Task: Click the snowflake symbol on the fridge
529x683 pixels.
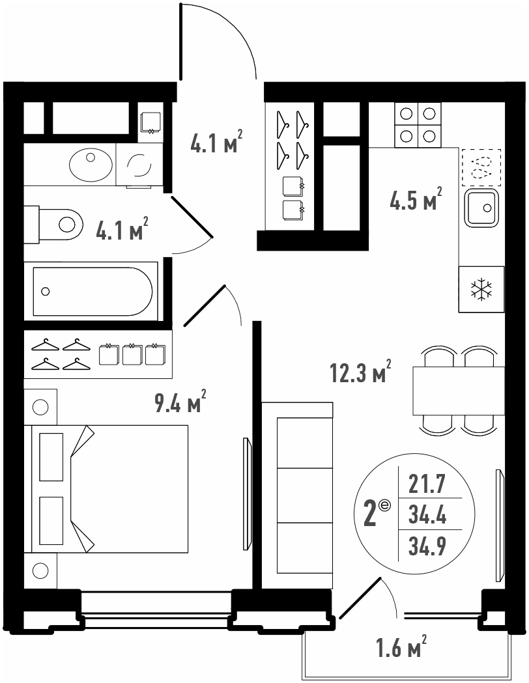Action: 481,289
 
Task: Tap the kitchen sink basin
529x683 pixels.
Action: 481,208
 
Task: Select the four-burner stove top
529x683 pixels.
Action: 418,125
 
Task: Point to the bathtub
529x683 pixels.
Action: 93,292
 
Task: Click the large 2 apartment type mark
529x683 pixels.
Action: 370,514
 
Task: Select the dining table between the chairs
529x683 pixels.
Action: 459,391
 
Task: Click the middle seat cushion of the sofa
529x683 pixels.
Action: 305,495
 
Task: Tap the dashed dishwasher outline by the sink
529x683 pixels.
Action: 481,167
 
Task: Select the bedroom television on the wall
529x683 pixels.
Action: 247,494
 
